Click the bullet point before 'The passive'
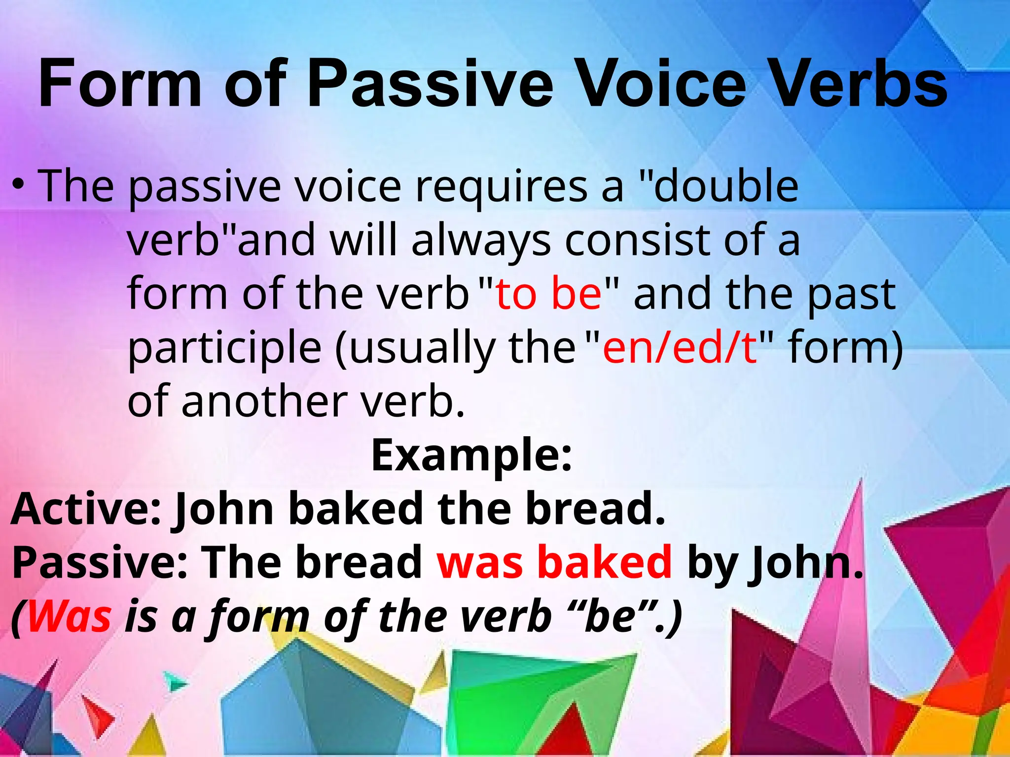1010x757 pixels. coord(18,186)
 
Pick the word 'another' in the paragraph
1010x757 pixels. coord(265,401)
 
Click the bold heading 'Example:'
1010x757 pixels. coord(471,455)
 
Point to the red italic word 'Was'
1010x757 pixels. coord(69,617)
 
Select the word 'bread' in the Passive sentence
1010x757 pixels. coord(359,563)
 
